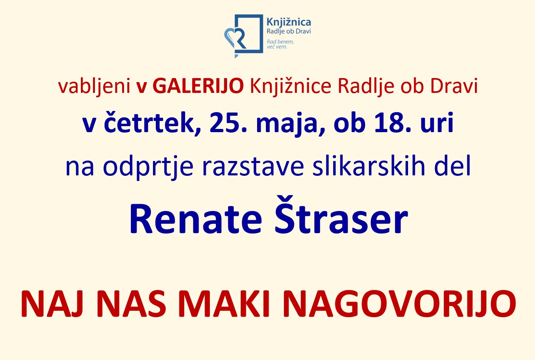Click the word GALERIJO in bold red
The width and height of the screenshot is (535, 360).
(x=198, y=86)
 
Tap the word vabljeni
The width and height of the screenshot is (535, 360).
(x=94, y=86)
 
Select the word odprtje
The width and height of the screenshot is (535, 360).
(x=148, y=167)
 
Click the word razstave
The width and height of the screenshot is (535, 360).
(x=253, y=167)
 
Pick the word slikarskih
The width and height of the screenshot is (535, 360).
(x=369, y=165)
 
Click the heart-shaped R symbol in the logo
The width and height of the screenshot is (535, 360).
(x=235, y=39)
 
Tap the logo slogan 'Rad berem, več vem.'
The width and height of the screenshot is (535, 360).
(x=280, y=44)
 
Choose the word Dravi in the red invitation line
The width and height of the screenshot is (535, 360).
(x=454, y=86)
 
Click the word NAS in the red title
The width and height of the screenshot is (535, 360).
(x=131, y=304)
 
